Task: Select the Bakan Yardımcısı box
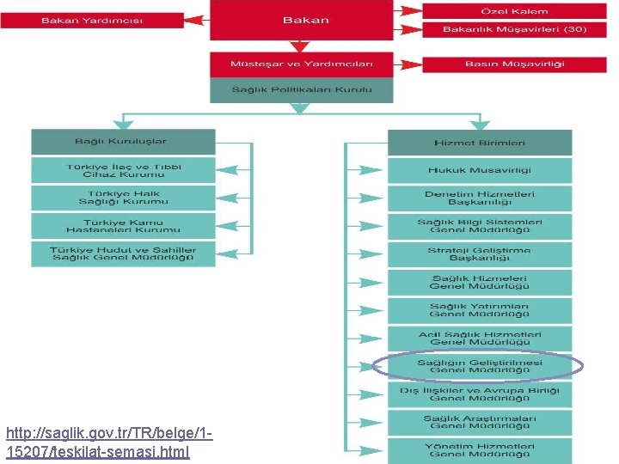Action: pyautogui.click(x=92, y=20)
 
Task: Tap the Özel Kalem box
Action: pyautogui.click(x=514, y=11)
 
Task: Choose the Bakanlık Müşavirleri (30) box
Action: pyautogui.click(x=514, y=29)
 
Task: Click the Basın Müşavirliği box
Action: pyautogui.click(x=514, y=64)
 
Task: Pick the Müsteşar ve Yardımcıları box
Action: pyautogui.click(x=302, y=64)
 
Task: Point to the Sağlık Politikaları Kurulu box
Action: pyautogui.click(x=302, y=89)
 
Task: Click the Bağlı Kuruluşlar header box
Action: pyautogui.click(x=123, y=142)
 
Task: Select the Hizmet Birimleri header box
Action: pyautogui.click(x=480, y=143)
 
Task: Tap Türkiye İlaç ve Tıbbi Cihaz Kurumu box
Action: pyautogui.click(x=123, y=169)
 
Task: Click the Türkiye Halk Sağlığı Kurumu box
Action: pyautogui.click(x=123, y=198)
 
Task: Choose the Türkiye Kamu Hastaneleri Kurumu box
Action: pyautogui.click(x=123, y=226)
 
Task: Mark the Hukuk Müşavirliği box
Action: pyautogui.click(x=480, y=170)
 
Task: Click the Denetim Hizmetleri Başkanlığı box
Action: pyautogui.click(x=480, y=198)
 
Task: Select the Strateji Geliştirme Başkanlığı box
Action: pyautogui.click(x=480, y=254)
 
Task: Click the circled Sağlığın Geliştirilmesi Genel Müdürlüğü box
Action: pyautogui.click(x=480, y=367)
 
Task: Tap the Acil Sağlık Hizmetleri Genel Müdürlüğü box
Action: pyautogui.click(x=480, y=339)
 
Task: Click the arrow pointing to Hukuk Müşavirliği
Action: pyautogui.click(x=368, y=170)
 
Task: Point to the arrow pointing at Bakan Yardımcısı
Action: pyautogui.click(x=196, y=19)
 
